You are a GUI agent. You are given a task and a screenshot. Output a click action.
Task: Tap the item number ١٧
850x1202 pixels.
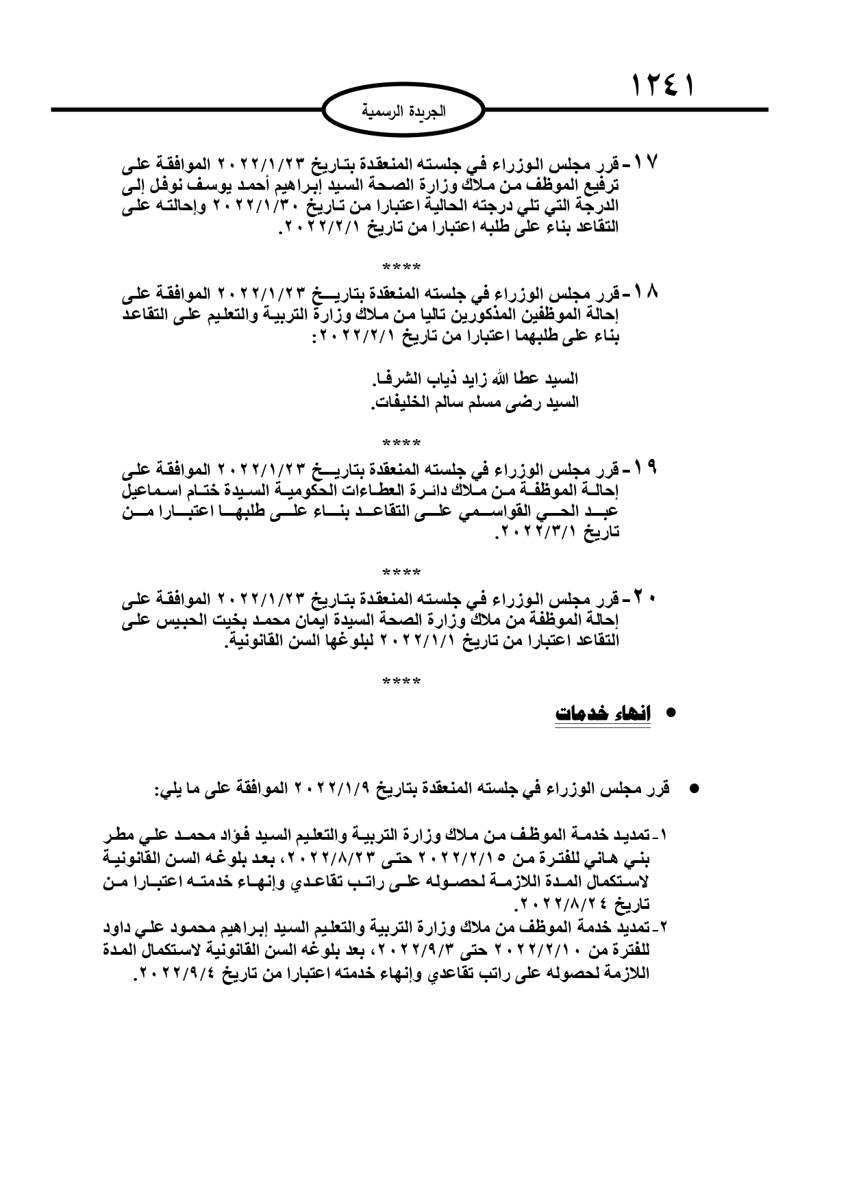click(645, 164)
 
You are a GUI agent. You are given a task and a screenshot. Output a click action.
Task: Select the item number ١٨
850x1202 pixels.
click(645, 293)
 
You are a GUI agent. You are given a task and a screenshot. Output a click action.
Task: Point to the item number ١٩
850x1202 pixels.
click(645, 469)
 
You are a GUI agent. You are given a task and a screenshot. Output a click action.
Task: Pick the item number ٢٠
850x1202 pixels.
click(645, 598)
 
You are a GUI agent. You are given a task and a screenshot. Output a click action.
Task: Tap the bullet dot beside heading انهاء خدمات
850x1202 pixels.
click(671, 713)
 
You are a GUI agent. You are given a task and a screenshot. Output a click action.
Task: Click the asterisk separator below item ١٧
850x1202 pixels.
click(401, 266)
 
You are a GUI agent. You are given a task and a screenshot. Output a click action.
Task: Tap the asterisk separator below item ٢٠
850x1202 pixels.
click(401, 681)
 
